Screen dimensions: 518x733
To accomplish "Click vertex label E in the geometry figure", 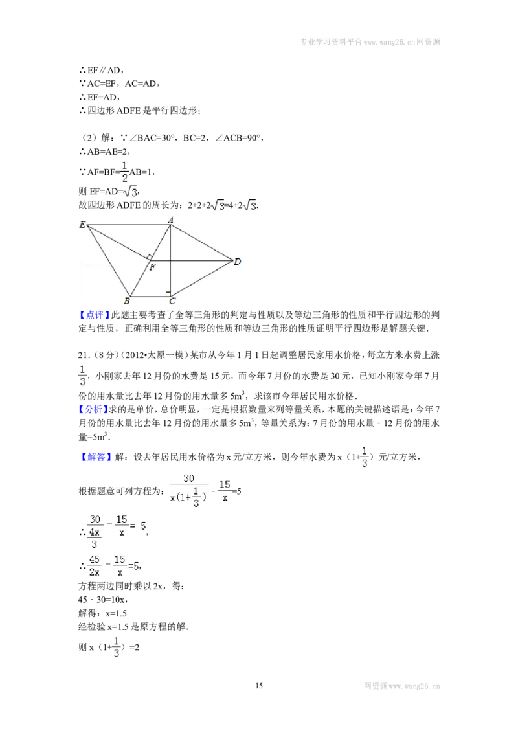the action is [82, 225].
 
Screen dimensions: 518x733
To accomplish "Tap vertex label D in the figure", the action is [237, 262].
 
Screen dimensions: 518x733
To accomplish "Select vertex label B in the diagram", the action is [127, 301].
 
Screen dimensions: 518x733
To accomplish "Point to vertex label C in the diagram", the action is [172, 301].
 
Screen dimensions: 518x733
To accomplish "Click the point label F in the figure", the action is [152, 267].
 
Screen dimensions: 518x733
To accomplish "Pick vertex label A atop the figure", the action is [170, 220].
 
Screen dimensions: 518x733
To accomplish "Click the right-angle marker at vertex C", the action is [168, 294].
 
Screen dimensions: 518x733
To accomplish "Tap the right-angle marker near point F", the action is [149, 257].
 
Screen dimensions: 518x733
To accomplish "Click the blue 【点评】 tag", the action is [95, 315].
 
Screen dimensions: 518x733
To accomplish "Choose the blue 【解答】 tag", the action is [95, 457].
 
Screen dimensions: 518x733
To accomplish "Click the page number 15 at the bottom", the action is [259, 686].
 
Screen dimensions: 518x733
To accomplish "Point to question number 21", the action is [84, 355].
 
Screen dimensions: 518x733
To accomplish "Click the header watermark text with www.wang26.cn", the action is [370, 42].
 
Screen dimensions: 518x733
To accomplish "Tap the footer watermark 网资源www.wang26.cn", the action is [402, 686].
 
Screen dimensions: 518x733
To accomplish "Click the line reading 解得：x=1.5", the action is [102, 613].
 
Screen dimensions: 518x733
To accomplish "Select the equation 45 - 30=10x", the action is [103, 600].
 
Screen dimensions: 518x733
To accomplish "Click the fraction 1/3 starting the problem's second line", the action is [82, 376].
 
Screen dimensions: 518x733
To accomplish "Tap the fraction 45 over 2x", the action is [95, 566].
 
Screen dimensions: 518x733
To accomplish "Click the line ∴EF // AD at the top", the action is [101, 70].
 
